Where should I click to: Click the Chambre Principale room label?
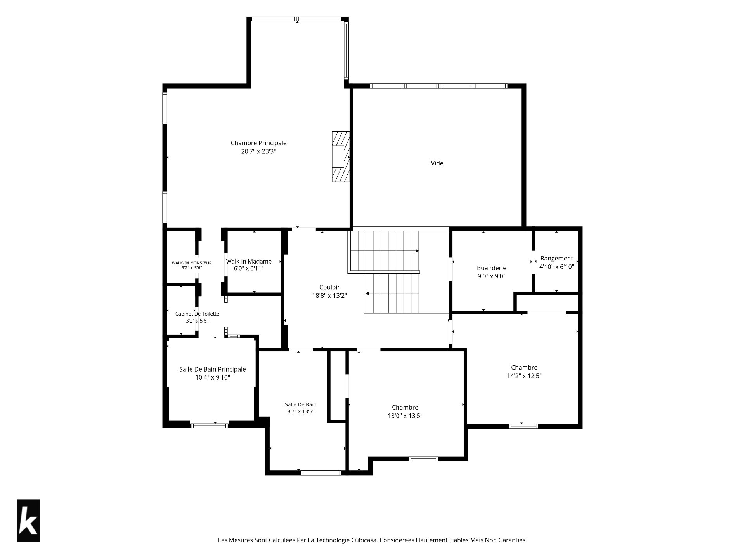[258, 143]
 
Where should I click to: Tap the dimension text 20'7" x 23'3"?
[258, 151]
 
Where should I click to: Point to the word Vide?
[437, 163]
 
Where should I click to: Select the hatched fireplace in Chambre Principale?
[341, 156]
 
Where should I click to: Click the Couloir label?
[329, 287]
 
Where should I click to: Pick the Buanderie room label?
[491, 268]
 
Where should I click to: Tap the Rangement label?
[556, 258]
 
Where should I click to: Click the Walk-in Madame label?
[249, 261]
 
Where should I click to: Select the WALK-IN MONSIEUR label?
[192, 263]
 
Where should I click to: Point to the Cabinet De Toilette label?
[197, 314]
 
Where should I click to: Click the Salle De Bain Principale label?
[212, 369]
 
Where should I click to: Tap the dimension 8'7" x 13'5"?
[301, 411]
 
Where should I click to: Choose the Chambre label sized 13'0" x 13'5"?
[405, 407]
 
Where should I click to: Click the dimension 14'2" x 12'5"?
[524, 376]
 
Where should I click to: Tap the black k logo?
[28, 521]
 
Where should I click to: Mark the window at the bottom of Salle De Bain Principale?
[210, 425]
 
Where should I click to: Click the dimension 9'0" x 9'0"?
[491, 276]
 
